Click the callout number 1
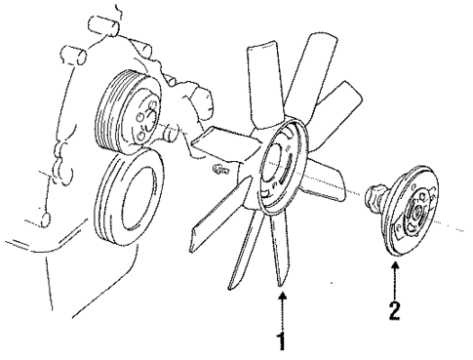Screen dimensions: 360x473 (x=283, y=344)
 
